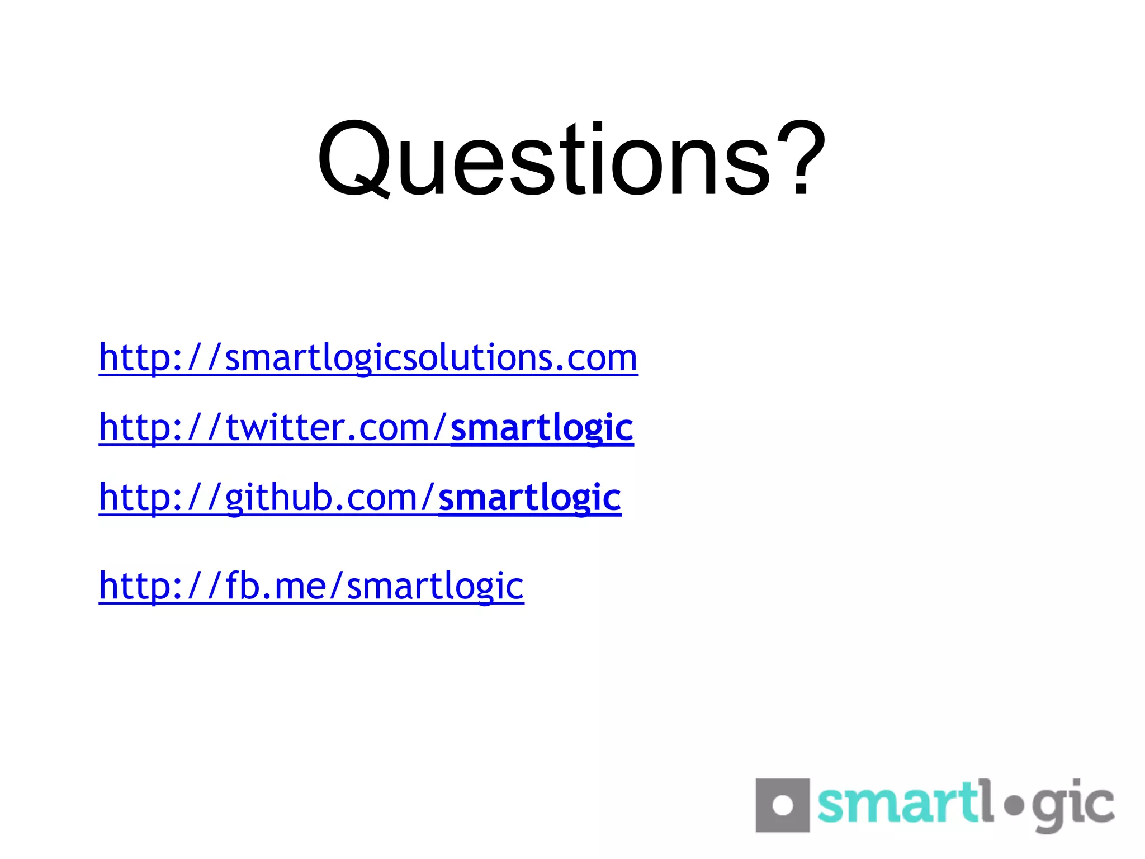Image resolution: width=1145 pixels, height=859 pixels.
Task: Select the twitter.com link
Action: point(274,428)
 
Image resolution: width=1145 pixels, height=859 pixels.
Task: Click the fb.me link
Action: point(311,586)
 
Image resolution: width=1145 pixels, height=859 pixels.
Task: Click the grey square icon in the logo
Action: point(782,805)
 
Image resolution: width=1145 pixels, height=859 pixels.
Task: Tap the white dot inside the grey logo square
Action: point(782,806)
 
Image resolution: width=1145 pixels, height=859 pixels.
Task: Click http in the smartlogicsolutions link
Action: point(132,358)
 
